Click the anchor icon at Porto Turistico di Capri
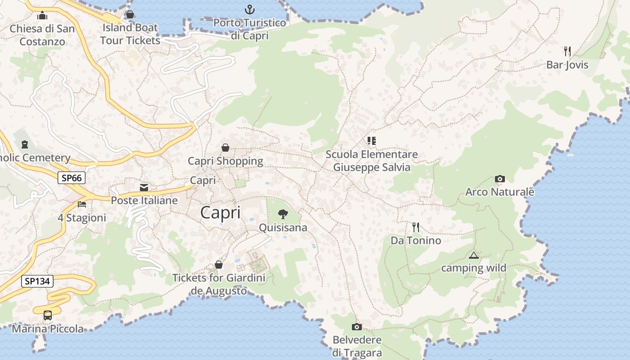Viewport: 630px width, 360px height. [249, 9]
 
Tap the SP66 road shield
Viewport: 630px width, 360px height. [72, 178]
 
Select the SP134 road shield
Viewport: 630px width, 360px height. [37, 282]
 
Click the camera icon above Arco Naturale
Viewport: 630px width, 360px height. [499, 179]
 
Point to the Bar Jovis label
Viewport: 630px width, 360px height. [567, 65]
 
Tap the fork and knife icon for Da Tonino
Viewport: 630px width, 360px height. [415, 227]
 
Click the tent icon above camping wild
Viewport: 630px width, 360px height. [473, 256]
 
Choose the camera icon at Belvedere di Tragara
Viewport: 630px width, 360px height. [357, 327]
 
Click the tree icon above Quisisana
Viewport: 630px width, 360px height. [283, 214]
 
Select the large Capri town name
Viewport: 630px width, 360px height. [220, 212]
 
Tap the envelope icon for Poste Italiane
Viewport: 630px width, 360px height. [144, 188]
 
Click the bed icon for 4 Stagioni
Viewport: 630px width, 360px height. [82, 204]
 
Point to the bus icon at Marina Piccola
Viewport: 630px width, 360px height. [48, 315]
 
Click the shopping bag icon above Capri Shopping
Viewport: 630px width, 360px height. [225, 148]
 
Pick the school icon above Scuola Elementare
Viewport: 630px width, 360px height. [371, 141]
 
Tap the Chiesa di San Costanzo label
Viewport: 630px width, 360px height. [42, 35]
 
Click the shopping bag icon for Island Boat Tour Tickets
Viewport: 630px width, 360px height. [130, 14]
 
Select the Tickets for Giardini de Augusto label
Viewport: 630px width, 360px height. [219, 284]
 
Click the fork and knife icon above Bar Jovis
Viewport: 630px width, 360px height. [567, 51]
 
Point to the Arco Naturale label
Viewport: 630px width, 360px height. [499, 192]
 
